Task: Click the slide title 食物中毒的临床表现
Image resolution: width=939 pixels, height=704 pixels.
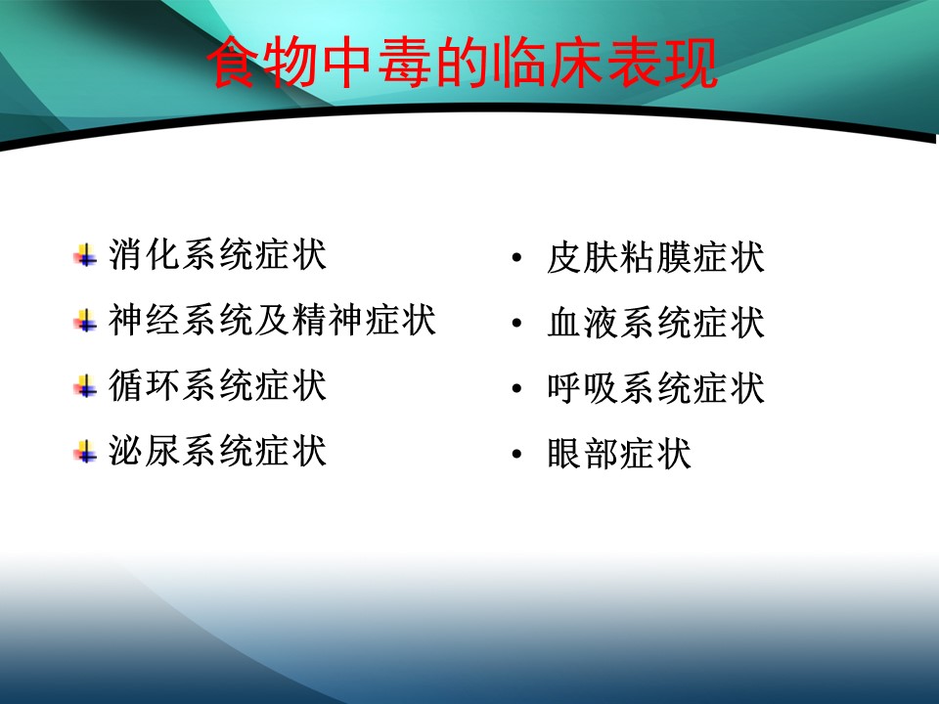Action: click(462, 63)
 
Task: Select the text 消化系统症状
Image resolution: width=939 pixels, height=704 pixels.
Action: click(217, 254)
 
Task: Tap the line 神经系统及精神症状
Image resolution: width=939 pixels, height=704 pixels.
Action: click(272, 320)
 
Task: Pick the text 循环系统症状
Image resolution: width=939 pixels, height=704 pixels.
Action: click(217, 385)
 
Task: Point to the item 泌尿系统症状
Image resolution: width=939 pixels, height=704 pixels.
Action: click(217, 450)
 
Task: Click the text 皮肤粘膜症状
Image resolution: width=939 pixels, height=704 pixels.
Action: click(655, 257)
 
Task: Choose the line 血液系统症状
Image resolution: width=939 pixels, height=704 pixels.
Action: click(655, 323)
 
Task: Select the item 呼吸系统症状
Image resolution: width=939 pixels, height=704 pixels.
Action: click(655, 388)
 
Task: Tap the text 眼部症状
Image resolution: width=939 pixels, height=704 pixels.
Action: click(619, 453)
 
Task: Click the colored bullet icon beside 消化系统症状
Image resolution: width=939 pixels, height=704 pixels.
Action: click(85, 255)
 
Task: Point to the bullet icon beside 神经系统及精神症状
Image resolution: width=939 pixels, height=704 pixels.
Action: click(85, 321)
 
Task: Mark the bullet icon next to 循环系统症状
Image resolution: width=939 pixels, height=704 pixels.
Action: click(85, 385)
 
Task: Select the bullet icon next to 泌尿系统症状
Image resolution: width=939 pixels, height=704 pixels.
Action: click(85, 451)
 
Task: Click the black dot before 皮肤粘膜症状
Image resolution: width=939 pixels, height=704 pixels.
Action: click(516, 258)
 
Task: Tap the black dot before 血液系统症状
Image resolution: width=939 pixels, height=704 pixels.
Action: click(516, 324)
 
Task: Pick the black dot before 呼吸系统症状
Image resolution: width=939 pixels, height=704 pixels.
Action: click(516, 388)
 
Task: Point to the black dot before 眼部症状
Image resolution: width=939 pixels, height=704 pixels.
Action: click(516, 454)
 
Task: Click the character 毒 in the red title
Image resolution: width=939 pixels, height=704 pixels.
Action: click(404, 63)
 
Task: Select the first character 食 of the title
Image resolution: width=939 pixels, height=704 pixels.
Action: click(234, 63)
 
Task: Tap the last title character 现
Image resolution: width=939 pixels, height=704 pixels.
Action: click(690, 63)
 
